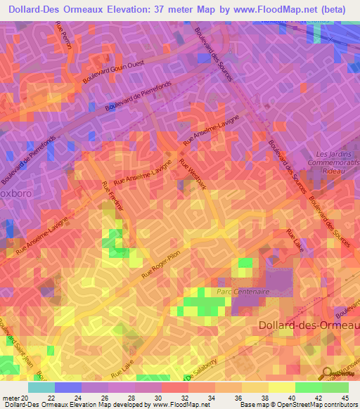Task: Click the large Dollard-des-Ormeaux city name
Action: [x=309, y=325]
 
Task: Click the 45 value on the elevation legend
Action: [x=345, y=397]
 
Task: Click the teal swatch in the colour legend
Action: [x=41, y=387]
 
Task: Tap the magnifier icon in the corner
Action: [x=328, y=375]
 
